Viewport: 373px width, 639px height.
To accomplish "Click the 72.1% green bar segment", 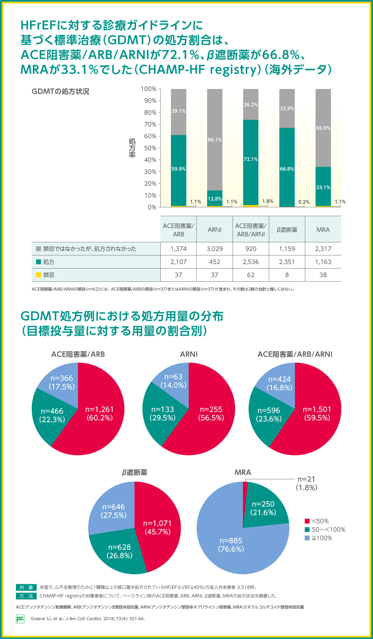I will pos(251,163).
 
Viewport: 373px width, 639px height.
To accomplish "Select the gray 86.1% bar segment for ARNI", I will pos(215,140).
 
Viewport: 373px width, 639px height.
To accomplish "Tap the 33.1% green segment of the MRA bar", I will pos(323,186).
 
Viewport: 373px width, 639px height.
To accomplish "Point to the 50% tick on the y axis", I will pos(150,148).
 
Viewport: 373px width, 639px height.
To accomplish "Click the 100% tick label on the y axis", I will pos(149,89).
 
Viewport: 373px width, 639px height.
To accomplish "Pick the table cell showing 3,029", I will pos(215,249).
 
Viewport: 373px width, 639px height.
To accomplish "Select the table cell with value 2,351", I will pos(287,262).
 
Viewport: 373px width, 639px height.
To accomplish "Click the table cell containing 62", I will pos(251,275).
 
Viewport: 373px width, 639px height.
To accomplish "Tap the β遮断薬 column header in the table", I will pos(287,230).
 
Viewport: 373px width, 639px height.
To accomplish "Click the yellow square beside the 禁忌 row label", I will pos(38,275).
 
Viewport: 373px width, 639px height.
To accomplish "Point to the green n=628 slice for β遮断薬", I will pos(119,551).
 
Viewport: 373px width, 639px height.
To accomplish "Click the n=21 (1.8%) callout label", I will pos(306,483).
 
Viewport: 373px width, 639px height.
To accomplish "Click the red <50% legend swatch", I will pos(307,521).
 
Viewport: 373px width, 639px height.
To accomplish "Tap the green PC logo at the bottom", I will pos(20,618).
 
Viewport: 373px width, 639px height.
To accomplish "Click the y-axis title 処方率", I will pos(132,148).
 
